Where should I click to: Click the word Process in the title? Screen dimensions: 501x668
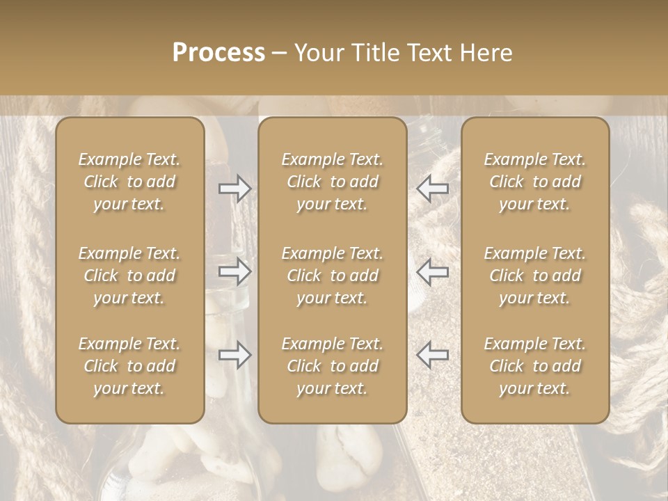pyautogui.click(x=218, y=53)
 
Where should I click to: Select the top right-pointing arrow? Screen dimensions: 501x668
pyautogui.click(x=235, y=189)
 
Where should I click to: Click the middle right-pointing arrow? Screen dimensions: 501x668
pyautogui.click(x=235, y=271)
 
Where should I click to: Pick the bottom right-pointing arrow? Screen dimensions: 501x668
pyautogui.click(x=235, y=355)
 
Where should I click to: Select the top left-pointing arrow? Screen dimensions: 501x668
pyautogui.click(x=432, y=189)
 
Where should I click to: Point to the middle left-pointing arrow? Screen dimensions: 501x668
pyautogui.click(x=432, y=271)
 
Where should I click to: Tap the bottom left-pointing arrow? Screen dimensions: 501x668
pyautogui.click(x=432, y=355)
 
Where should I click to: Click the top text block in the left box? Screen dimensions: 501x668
pyautogui.click(x=129, y=182)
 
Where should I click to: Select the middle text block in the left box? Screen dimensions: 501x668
pyautogui.click(x=129, y=276)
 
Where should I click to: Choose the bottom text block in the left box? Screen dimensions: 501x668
pyautogui.click(x=129, y=366)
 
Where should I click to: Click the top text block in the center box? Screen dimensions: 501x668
pyautogui.click(x=333, y=182)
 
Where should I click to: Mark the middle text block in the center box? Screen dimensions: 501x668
pyautogui.click(x=333, y=276)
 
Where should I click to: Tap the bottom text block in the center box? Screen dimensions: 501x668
pyautogui.click(x=333, y=366)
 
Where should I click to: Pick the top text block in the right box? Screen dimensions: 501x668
pyautogui.click(x=535, y=182)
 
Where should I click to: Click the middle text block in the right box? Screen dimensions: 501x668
pyautogui.click(x=535, y=276)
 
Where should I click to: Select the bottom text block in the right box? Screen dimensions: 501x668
pyautogui.click(x=535, y=366)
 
